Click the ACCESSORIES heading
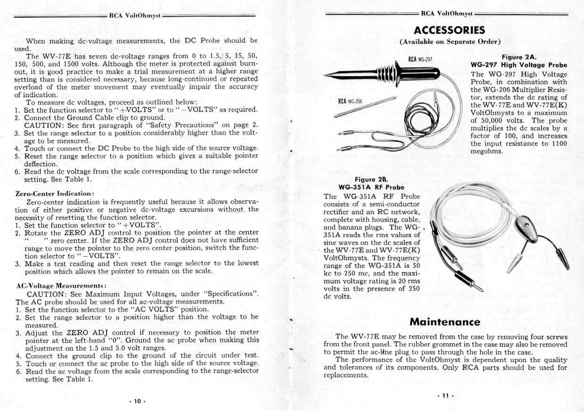point(449,31)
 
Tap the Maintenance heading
point(444,322)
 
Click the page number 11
point(445,396)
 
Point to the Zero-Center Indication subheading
point(55,193)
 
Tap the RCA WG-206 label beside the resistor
point(350,101)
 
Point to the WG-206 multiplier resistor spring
point(365,106)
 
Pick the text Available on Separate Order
point(450,41)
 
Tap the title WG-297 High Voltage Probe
point(518,65)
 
